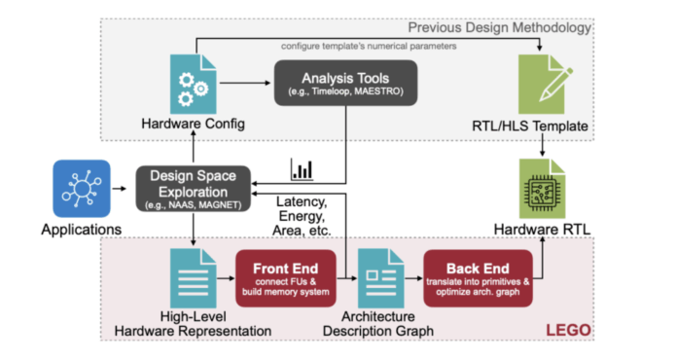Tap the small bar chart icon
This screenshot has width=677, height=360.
tap(302, 169)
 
